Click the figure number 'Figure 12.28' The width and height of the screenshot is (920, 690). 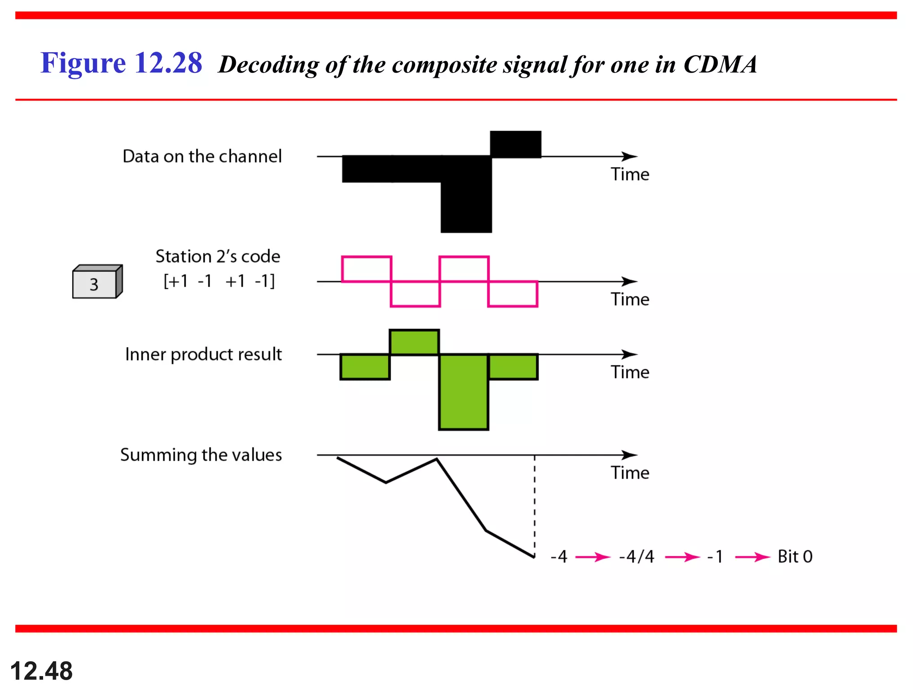click(x=121, y=63)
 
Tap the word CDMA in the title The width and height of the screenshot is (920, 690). click(x=720, y=65)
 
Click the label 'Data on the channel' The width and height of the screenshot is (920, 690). click(x=202, y=156)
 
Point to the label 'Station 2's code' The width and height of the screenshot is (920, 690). click(x=218, y=257)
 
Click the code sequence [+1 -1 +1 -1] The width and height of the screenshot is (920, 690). click(x=219, y=281)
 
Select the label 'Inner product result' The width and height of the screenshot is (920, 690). click(x=203, y=354)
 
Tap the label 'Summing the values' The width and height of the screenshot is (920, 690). click(x=201, y=455)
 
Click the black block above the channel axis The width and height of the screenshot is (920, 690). click(x=515, y=144)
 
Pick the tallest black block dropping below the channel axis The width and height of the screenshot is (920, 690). click(x=466, y=194)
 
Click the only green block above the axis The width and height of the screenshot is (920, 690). click(x=414, y=342)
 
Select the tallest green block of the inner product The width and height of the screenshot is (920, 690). click(x=464, y=392)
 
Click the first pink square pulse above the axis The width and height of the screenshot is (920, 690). click(x=367, y=269)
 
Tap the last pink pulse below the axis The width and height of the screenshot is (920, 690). click(x=513, y=294)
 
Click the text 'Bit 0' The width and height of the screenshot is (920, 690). click(x=795, y=557)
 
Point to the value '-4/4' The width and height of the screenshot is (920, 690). click(x=637, y=557)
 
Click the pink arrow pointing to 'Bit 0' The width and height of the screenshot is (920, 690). click(x=752, y=557)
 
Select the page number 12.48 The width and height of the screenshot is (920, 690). click(x=41, y=671)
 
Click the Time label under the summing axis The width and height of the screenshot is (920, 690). click(x=630, y=473)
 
